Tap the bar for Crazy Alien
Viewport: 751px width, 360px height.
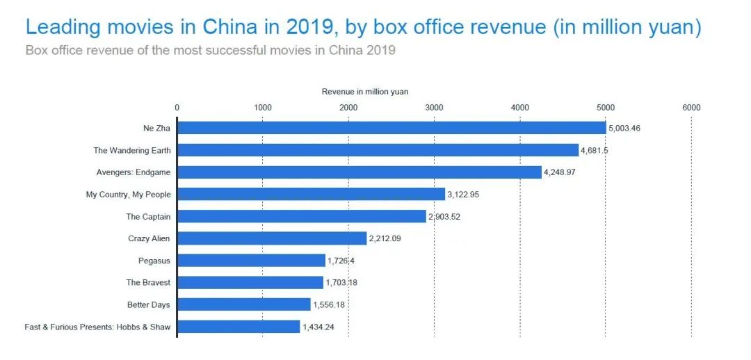[272, 238]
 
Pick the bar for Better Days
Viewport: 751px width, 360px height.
[244, 304]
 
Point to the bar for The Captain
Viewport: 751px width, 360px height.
[302, 217]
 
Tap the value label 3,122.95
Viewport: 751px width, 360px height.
[463, 195]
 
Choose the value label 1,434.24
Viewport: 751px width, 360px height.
[318, 327]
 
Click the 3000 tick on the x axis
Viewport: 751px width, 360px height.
[434, 107]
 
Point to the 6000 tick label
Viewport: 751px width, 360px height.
[691, 107]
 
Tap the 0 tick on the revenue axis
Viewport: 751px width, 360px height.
[177, 107]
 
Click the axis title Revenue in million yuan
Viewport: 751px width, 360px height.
[365, 92]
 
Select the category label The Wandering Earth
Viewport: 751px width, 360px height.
[132, 150]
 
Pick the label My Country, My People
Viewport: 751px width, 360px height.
[129, 195]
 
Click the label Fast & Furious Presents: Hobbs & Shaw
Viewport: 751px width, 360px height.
[97, 327]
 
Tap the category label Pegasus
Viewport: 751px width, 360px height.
[154, 261]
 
